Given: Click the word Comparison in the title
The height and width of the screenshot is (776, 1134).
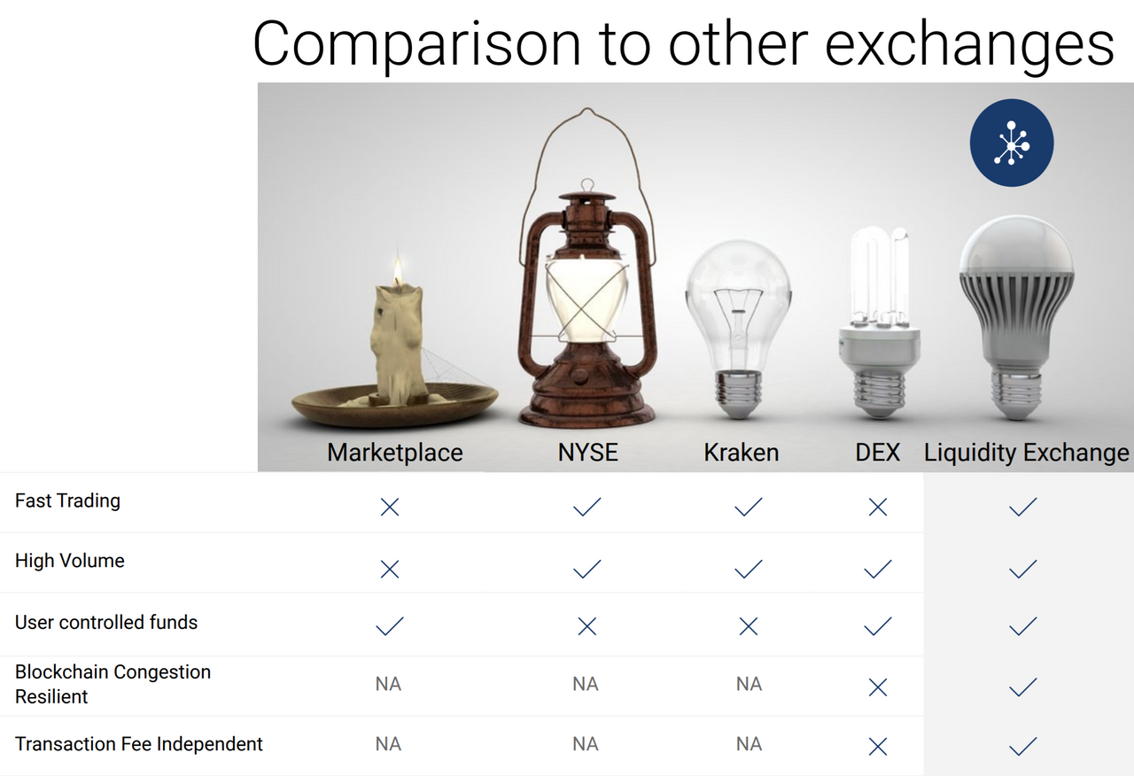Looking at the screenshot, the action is pos(416,44).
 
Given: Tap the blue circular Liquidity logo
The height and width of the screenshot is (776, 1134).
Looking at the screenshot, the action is pos(1012,143).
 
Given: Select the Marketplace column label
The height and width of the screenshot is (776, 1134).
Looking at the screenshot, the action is pos(395,452).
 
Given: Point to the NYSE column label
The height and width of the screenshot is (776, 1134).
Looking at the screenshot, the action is pos(587,452).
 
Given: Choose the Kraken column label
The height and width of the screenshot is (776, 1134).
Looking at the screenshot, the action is pos(742,452).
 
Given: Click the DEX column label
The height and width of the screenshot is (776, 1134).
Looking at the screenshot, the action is pos(877,452).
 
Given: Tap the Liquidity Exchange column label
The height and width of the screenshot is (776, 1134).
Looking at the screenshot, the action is pos(1026,453).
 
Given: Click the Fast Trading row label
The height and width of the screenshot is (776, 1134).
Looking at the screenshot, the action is pos(68,501).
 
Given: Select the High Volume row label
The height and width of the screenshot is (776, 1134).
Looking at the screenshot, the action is pos(70,561).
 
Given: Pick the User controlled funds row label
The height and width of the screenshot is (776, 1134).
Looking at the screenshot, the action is pos(106,622).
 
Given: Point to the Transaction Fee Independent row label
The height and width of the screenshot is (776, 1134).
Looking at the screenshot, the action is pos(139,744).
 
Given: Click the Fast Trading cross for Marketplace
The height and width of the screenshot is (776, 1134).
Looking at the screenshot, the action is pos(390,507).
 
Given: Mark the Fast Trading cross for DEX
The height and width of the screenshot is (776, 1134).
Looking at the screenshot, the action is pos(878,507).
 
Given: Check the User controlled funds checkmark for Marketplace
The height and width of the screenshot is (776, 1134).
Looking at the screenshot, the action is pos(390,626).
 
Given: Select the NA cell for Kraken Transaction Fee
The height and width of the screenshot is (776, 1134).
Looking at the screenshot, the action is pos(749,744).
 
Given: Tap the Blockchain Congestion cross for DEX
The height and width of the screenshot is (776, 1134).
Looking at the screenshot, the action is pos(878,687).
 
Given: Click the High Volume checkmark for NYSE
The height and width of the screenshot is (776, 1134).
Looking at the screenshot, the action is pos(587,569).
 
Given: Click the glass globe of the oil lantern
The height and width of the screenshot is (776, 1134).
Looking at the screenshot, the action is pos(586,299).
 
